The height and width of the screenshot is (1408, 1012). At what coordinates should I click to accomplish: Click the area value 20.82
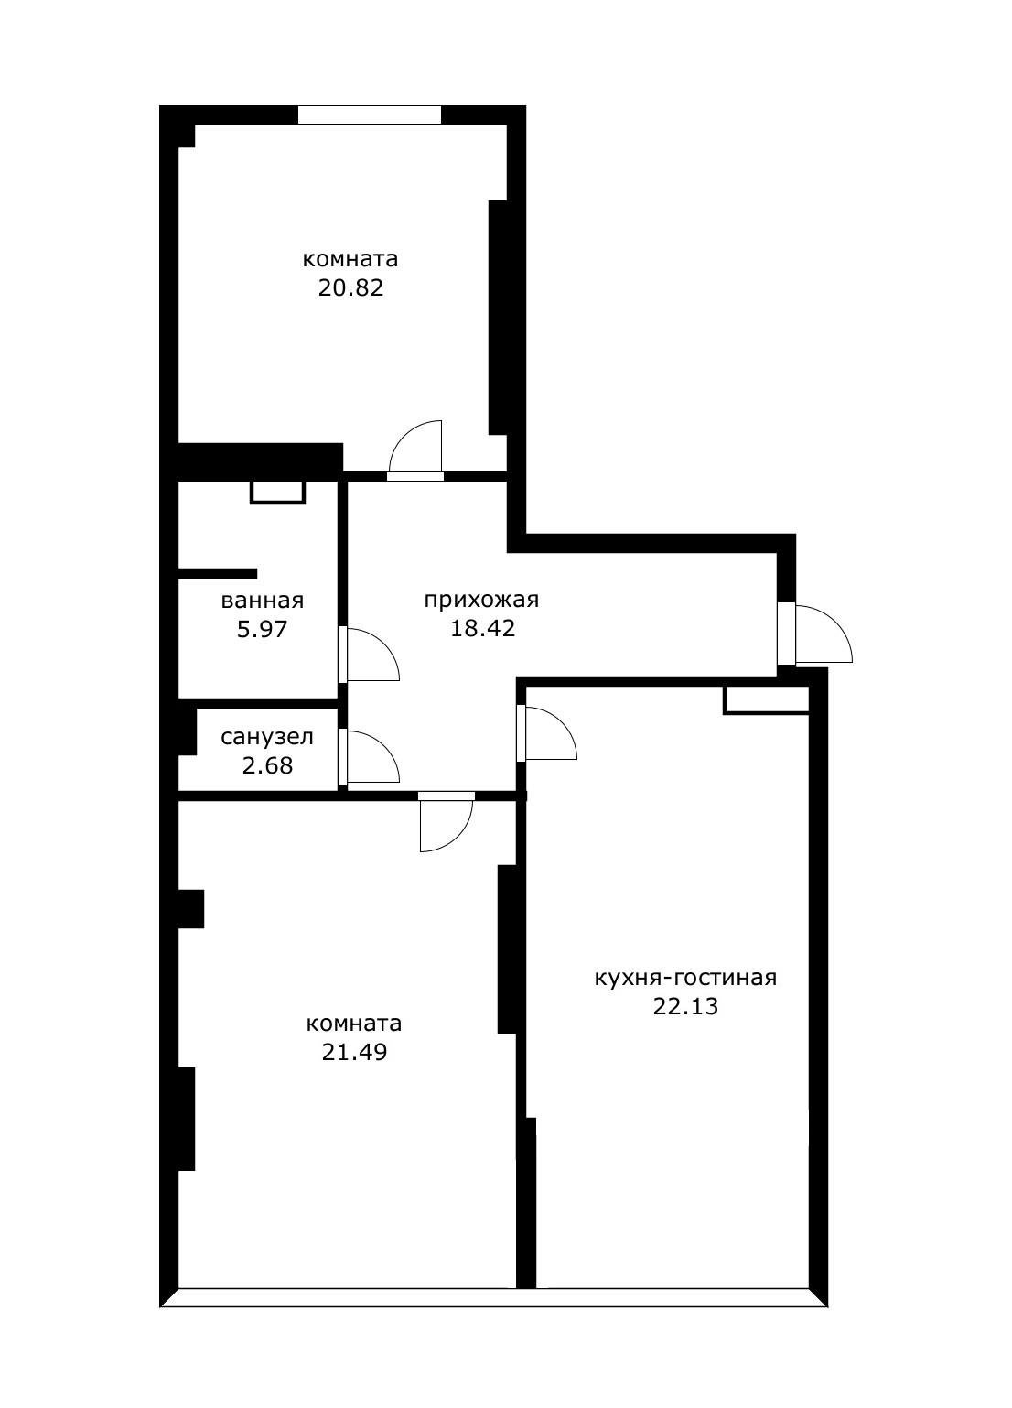(x=350, y=287)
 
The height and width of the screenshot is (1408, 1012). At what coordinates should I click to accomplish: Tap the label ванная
(x=262, y=601)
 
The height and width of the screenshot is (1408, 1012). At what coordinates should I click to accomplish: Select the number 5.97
(x=262, y=629)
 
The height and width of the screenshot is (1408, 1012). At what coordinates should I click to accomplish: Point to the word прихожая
(x=481, y=601)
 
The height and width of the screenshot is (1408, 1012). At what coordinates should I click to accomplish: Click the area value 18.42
(x=482, y=629)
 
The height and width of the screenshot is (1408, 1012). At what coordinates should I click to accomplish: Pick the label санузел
(x=267, y=737)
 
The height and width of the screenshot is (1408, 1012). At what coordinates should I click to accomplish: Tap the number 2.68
(x=267, y=765)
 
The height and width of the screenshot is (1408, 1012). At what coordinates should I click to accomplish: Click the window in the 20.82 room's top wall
(x=370, y=115)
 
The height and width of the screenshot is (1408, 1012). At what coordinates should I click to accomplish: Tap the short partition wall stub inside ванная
(x=218, y=573)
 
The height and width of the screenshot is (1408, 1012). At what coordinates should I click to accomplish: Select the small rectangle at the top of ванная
(x=277, y=493)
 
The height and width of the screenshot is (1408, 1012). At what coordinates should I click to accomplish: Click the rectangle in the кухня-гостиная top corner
(x=766, y=700)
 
